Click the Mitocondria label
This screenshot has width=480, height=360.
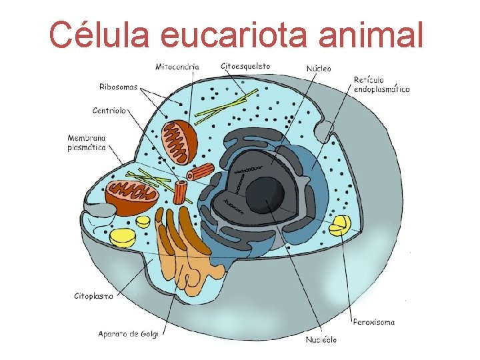coord(176,67)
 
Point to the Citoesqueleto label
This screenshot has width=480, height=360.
coord(245,66)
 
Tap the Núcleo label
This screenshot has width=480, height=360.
coord(319,68)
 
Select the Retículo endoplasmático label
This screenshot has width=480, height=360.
coord(381,84)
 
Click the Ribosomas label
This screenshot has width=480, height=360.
coord(119,87)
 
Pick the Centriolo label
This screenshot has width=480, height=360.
coord(109,110)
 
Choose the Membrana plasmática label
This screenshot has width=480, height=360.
coord(87,143)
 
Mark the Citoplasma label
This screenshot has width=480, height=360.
coord(93,295)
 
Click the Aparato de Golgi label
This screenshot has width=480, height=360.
coord(128,333)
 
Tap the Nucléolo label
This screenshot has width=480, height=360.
coord(321,340)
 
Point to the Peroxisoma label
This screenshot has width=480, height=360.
coord(374,322)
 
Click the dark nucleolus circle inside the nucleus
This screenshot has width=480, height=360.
coord(265,193)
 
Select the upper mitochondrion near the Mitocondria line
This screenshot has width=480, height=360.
coord(181,141)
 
